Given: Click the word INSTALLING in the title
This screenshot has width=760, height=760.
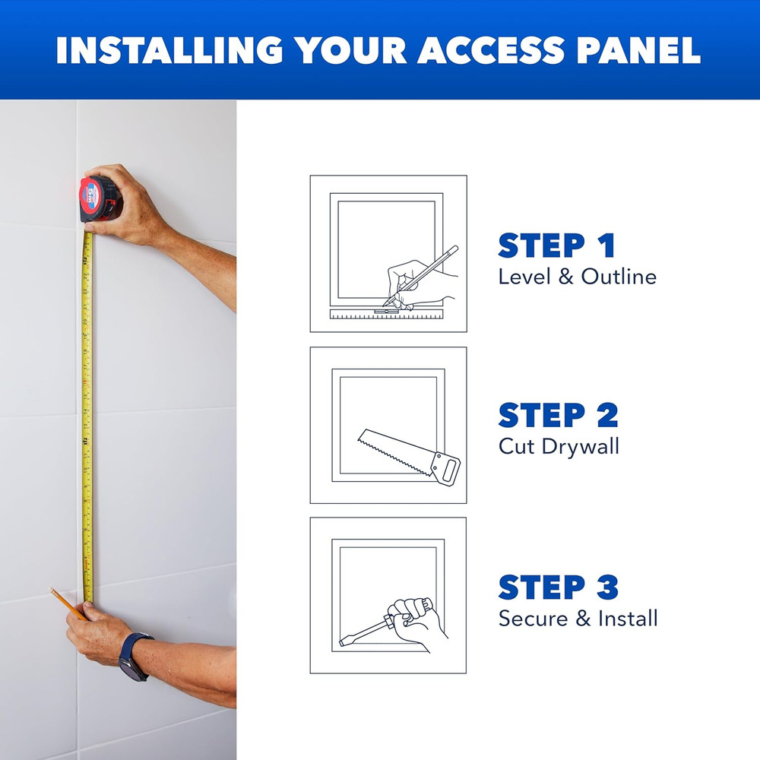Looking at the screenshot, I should point(169,49).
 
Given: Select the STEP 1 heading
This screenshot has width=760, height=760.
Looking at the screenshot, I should point(556,246).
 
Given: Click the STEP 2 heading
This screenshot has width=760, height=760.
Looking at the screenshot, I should point(558,416).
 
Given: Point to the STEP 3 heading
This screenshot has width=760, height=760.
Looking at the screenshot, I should point(558,587).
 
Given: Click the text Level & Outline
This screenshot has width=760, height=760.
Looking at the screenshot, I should point(577,277).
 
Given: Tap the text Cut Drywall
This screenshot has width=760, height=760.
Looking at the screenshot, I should point(559,446).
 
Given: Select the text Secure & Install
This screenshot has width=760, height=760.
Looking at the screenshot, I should point(578,618).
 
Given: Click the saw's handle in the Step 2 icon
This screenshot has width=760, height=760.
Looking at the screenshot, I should point(447,467).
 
